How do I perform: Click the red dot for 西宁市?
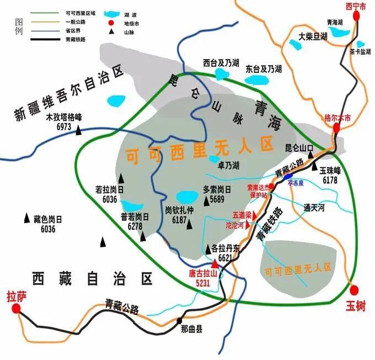(356, 16)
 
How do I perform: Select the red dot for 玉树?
(355, 289)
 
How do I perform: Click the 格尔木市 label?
(337, 117)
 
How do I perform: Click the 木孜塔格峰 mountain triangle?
(79, 131)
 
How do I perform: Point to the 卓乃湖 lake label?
(228, 165)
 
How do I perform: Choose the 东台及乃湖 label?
(264, 69)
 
